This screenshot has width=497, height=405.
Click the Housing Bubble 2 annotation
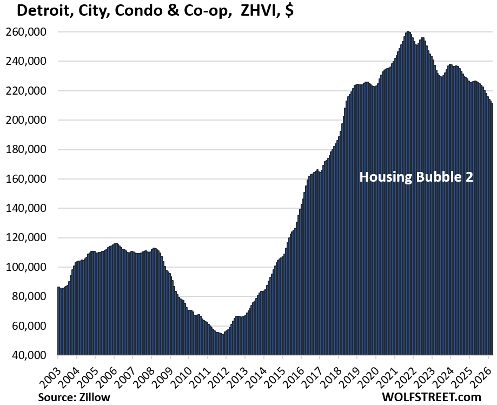pyautogui.click(x=416, y=177)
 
